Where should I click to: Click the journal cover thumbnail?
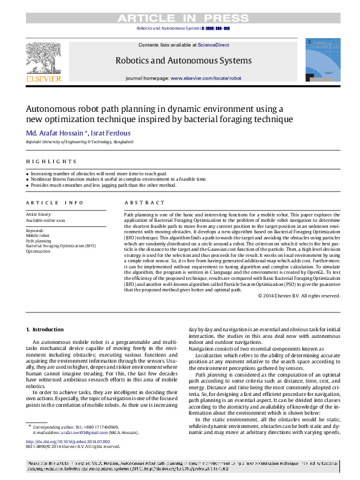(322, 60)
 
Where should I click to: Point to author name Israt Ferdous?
(110, 132)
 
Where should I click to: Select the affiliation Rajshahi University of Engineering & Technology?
(79, 141)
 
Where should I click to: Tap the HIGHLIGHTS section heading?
(51, 161)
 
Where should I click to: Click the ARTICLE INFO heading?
(54, 203)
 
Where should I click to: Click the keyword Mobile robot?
(37, 236)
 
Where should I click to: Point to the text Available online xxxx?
(45, 220)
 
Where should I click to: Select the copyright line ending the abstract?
(299, 296)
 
